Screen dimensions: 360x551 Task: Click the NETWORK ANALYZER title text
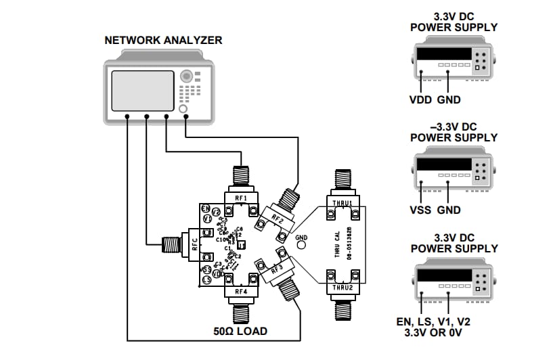click(x=163, y=41)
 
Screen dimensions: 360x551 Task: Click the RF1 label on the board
click(x=241, y=198)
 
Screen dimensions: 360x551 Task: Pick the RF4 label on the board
click(x=241, y=292)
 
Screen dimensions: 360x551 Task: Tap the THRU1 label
click(x=340, y=202)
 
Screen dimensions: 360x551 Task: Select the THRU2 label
click(x=340, y=288)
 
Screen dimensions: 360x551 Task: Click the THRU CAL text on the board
click(x=337, y=244)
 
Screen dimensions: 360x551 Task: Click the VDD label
click(x=421, y=99)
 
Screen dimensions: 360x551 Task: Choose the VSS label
click(x=421, y=210)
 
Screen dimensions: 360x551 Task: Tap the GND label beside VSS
click(x=449, y=210)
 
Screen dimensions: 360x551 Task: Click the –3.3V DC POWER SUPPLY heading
click(x=454, y=132)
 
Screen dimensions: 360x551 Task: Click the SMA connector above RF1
click(x=241, y=177)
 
